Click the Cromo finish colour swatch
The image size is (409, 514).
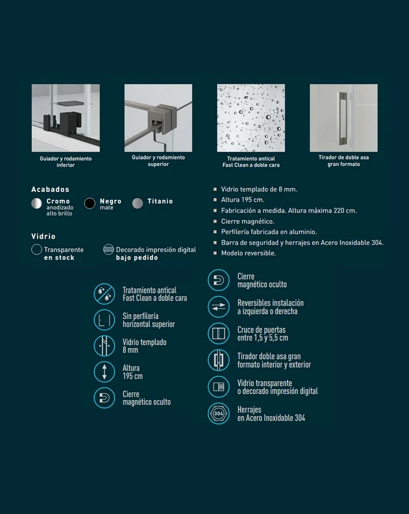click(x=36, y=203)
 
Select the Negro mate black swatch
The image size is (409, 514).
click(x=89, y=203)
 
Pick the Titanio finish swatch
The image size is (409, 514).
click(x=138, y=203)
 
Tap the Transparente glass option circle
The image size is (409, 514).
click(x=36, y=249)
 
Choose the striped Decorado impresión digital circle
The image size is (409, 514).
click(x=108, y=249)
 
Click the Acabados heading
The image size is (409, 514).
click(x=50, y=190)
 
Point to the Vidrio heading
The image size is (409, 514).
click(x=43, y=237)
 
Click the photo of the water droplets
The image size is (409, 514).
click(x=251, y=118)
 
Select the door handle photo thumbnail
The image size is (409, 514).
click(x=344, y=118)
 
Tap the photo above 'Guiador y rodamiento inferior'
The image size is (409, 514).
click(x=65, y=118)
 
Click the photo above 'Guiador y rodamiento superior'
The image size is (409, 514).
click(x=158, y=118)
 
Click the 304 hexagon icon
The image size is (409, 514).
click(x=219, y=413)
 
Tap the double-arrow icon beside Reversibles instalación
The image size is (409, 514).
click(x=219, y=307)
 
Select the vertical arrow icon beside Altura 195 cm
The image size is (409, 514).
click(x=104, y=372)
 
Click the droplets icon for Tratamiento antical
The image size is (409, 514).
click(x=104, y=294)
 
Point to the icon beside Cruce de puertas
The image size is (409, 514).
click(x=219, y=333)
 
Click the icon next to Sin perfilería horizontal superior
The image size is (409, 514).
click(x=104, y=320)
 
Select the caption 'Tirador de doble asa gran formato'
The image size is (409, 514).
click(x=344, y=160)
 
